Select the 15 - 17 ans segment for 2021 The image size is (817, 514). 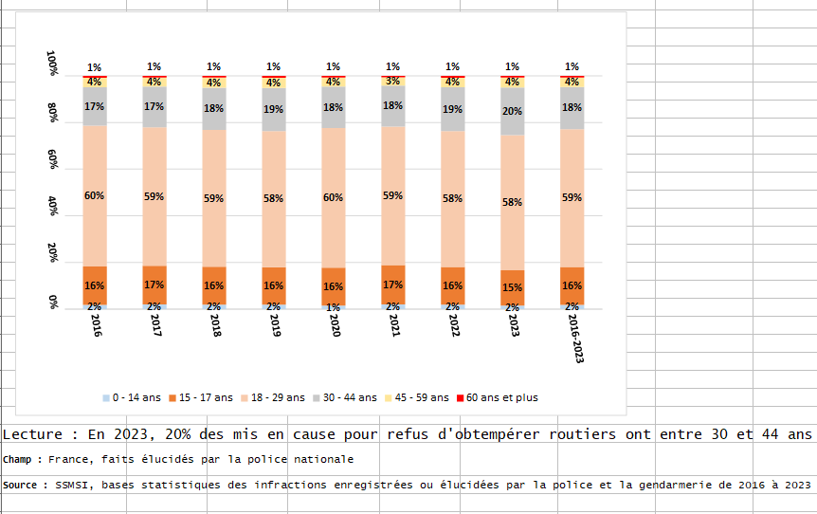[x=392, y=285]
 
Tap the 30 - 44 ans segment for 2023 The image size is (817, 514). [x=512, y=111]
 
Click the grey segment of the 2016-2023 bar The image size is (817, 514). [x=572, y=107]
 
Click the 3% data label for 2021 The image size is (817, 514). [x=392, y=82]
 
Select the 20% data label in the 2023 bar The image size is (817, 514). [x=512, y=111]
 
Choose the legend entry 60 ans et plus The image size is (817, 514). [x=501, y=397]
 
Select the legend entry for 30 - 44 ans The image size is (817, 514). [x=347, y=397]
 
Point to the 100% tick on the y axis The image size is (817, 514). [x=53, y=64]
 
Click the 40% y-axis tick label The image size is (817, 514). [x=53, y=208]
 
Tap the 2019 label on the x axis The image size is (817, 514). [x=272, y=326]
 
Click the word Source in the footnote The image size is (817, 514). [x=22, y=485]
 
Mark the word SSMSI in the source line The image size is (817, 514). [x=73, y=485]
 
